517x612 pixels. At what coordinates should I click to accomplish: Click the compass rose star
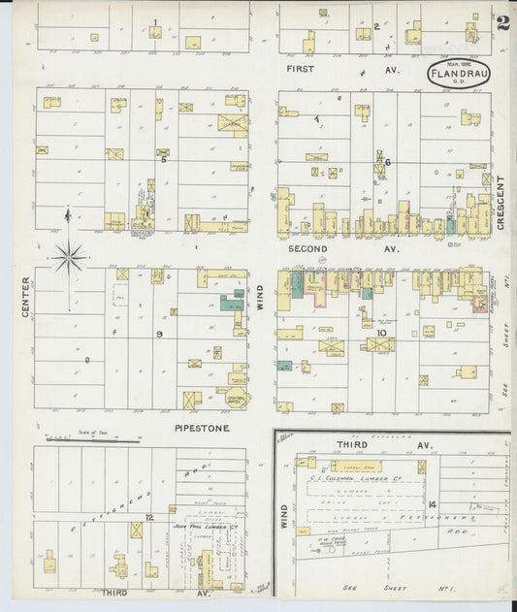68,258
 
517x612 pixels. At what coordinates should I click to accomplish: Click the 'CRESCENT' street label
501,203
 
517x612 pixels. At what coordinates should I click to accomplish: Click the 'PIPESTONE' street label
202,426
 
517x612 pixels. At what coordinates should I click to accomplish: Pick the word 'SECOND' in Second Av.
307,249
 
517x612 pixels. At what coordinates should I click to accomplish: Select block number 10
381,333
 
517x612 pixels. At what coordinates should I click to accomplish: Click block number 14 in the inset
431,504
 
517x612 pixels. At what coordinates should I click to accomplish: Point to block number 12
148,518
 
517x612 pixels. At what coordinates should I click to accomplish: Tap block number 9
159,334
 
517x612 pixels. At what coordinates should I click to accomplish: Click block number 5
164,160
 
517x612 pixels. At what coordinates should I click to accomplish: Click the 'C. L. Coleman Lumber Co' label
360,476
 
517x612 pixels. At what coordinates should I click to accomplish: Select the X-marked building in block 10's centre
379,344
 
